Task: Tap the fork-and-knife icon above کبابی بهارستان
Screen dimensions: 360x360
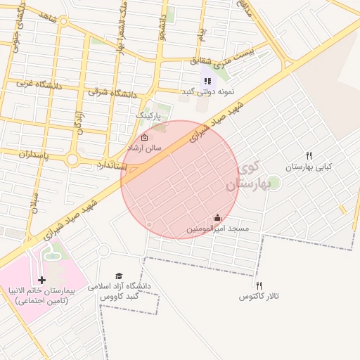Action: pyautogui.click(x=309, y=155)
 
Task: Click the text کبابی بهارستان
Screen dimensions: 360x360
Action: pyautogui.click(x=309, y=167)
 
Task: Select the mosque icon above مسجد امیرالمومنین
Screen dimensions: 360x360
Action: pyautogui.click(x=217, y=217)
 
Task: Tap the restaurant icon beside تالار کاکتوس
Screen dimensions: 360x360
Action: pyautogui.click(x=259, y=285)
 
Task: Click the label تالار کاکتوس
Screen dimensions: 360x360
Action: pyautogui.click(x=259, y=296)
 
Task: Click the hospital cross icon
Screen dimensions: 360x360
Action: pyautogui.click(x=41, y=280)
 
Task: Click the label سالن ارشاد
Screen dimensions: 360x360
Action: pyautogui.click(x=144, y=149)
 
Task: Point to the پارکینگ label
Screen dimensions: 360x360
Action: pyautogui.click(x=148, y=115)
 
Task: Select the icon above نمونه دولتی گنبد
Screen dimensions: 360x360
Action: pyautogui.click(x=207, y=81)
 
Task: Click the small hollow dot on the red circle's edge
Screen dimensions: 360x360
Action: pyautogui.click(x=148, y=224)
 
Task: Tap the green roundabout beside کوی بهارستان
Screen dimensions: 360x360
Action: pyautogui.click(x=274, y=184)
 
